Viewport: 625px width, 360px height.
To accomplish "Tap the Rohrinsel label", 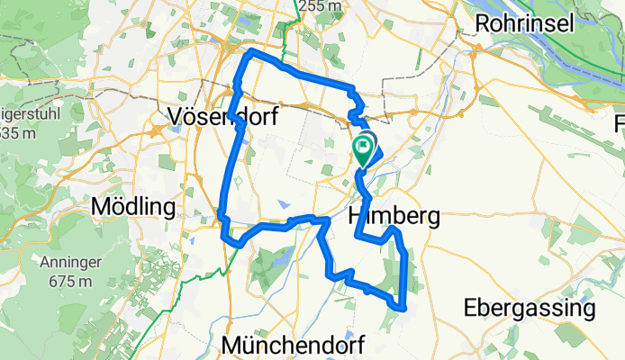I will [x=525, y=23].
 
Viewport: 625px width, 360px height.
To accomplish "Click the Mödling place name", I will [x=132, y=206].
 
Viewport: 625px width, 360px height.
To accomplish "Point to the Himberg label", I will [x=394, y=216].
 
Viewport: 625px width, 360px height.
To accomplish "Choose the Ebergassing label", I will [x=530, y=309].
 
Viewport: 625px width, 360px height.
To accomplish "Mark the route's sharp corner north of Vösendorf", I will [x=250, y=55].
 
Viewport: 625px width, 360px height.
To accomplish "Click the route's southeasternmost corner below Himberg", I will [x=402, y=309].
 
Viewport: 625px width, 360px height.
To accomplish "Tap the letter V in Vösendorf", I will [x=177, y=116].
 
